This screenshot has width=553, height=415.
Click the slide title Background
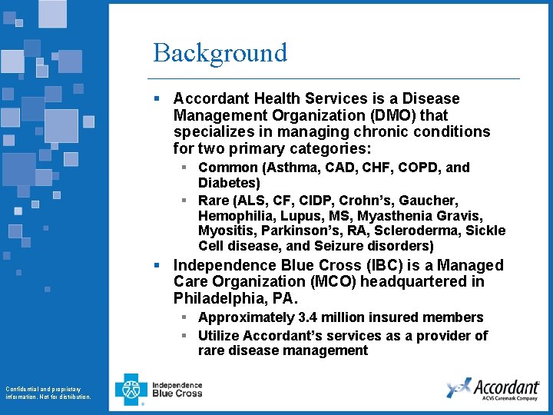(220, 52)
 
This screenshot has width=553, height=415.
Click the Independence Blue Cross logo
(159, 389)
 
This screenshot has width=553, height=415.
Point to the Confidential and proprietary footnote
(48, 393)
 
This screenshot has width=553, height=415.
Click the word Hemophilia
(233, 216)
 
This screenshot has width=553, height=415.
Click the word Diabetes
(229, 183)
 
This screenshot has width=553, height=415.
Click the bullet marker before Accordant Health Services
(156, 99)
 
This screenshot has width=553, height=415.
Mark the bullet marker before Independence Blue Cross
(156, 265)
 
